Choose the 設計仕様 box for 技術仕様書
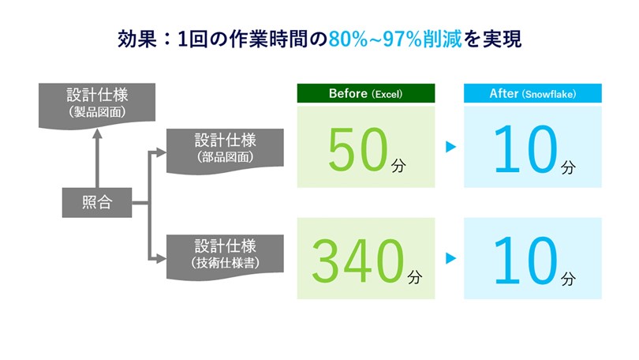click(226, 253)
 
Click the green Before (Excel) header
click(365, 94)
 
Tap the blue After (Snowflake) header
click(532, 94)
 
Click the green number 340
click(357, 261)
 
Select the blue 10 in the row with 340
click(525, 261)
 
